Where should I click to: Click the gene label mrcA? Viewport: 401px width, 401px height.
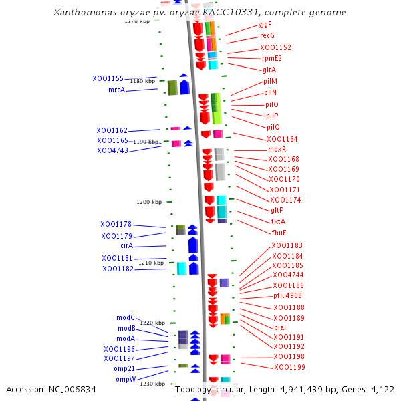pyautogui.click(x=116, y=90)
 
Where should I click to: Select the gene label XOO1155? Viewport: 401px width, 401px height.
pyautogui.click(x=108, y=78)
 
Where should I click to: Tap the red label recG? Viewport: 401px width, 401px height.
pyautogui.click(x=267, y=35)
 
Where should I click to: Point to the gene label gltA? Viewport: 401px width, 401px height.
pyautogui.click(x=269, y=70)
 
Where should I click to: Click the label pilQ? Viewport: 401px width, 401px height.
pyautogui.click(x=273, y=127)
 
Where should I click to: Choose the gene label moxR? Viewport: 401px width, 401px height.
pyautogui.click(x=277, y=149)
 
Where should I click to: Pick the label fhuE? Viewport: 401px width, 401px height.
pyautogui.click(x=279, y=233)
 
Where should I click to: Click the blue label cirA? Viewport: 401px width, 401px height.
pyautogui.click(x=126, y=246)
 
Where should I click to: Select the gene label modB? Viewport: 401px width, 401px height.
pyautogui.click(x=126, y=328)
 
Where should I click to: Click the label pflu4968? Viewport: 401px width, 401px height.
pyautogui.click(x=287, y=295)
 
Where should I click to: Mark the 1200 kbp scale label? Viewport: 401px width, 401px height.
pyautogui.click(x=149, y=202)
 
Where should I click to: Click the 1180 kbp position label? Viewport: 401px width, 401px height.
pyautogui.click(x=142, y=81)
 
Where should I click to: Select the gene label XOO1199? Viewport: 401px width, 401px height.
pyautogui.click(x=289, y=367)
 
